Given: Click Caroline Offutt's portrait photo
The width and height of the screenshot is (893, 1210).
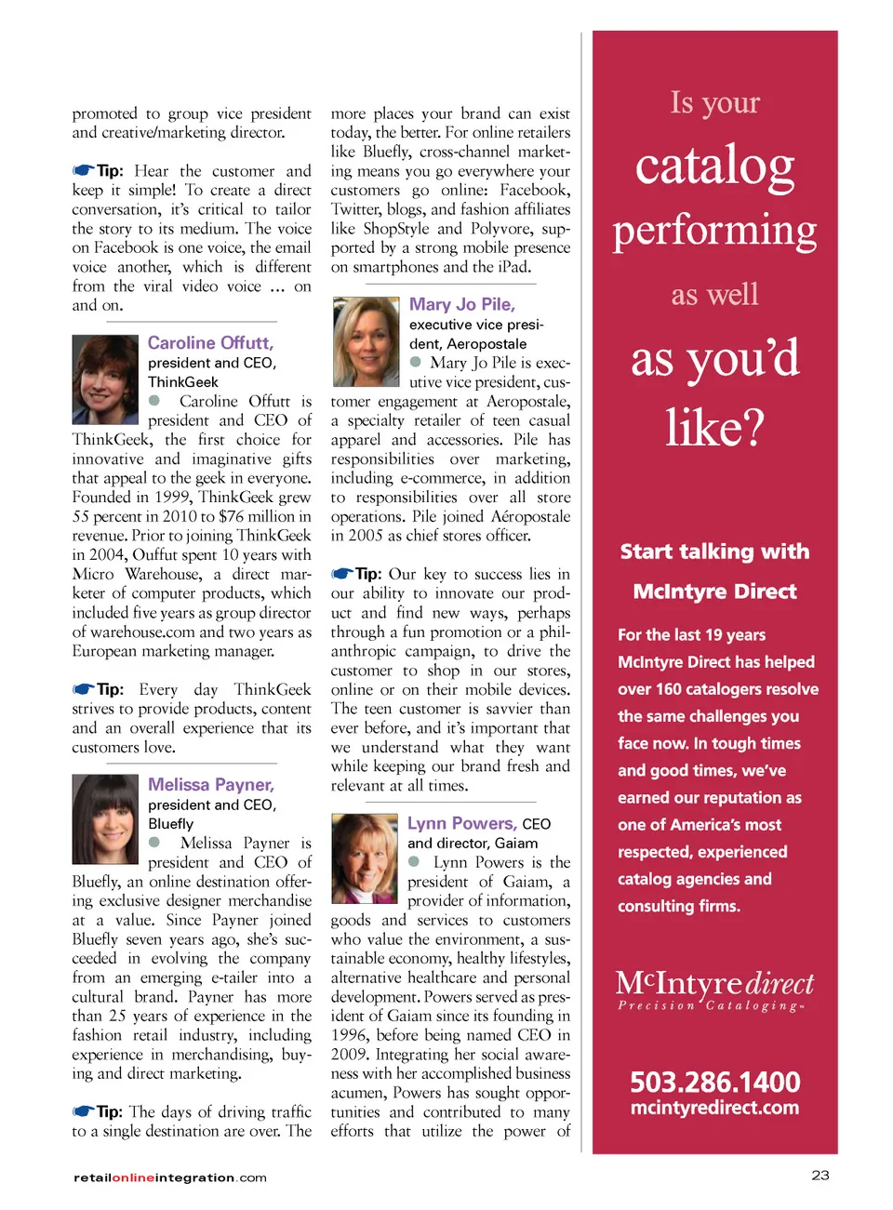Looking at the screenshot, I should coord(105,379).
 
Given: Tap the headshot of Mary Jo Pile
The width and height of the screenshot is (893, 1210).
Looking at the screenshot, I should coord(366,342).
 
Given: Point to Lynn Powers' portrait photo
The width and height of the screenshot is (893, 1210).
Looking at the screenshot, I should coord(365,858).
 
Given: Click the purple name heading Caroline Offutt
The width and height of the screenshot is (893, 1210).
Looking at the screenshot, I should coord(210,343).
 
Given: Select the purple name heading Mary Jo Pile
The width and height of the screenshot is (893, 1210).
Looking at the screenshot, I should coord(462,304).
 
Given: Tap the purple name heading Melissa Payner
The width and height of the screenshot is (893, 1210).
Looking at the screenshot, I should coord(211,785).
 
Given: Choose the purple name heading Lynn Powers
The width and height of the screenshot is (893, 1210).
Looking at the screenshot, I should coord(461,823).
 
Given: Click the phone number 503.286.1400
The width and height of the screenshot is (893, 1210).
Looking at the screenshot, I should coord(714,1083).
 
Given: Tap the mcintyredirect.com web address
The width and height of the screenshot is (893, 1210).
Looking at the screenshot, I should coord(714,1108).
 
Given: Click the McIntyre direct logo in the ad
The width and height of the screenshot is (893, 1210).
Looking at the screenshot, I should coord(714,989).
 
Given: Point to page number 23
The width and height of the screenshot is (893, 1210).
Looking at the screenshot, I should coord(820,1176).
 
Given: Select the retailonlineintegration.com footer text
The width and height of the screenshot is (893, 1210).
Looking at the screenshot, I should coord(170,1177).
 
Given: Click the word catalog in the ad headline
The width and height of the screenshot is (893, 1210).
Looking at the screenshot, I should coord(714,166).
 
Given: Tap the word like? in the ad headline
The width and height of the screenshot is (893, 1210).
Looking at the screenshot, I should coord(714,428).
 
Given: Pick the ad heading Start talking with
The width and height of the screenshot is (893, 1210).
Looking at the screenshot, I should coord(714,552).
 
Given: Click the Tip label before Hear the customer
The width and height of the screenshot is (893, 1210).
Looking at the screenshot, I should coord(109,171).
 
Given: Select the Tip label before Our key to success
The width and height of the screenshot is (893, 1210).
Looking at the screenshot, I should coord(367,574).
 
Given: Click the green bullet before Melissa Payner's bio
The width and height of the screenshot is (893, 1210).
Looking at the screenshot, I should coord(154,843).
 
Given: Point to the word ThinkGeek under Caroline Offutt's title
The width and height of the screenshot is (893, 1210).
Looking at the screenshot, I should coord(183,382).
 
